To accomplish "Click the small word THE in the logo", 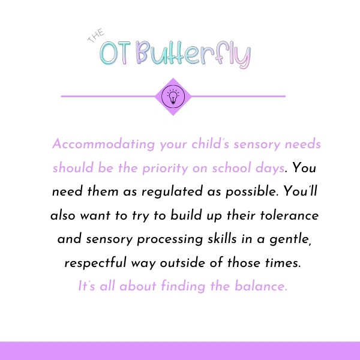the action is [x=96, y=35].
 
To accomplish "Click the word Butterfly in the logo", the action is [x=193, y=55].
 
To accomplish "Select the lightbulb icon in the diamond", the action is [x=173, y=97].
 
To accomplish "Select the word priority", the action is [x=165, y=168].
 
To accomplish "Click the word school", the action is [x=232, y=167].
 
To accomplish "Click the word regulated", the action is [x=172, y=192].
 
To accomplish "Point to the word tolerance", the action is [x=289, y=215].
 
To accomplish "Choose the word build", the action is [x=186, y=215].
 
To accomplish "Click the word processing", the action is [x=170, y=239].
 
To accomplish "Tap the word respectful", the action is [x=95, y=263].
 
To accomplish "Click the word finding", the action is [x=183, y=287].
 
